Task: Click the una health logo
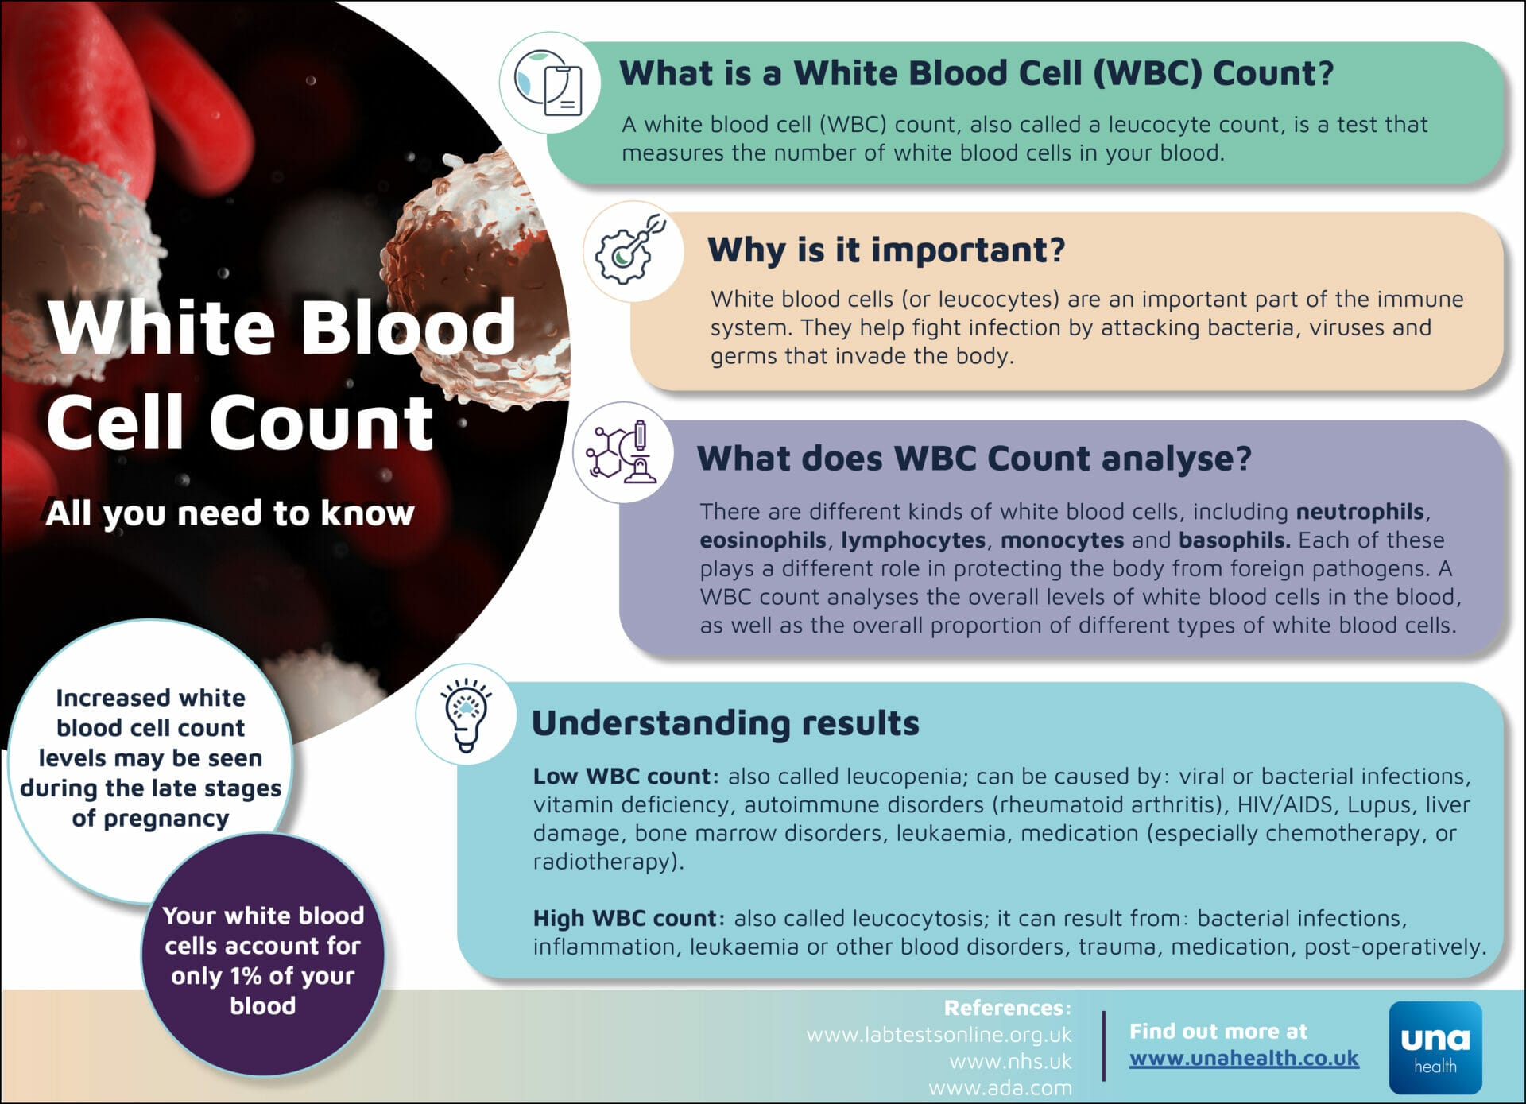point(1435,1047)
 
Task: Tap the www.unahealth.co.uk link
point(1244,1059)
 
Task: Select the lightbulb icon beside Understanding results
point(467,714)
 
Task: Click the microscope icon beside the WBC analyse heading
point(623,453)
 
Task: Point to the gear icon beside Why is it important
point(632,250)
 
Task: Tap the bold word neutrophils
point(1360,511)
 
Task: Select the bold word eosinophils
point(762,540)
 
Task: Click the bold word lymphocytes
point(913,540)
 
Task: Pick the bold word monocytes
point(1062,540)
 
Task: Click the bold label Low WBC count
point(626,776)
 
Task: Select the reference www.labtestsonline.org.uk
point(939,1035)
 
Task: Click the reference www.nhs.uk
point(1010,1061)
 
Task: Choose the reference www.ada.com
point(1000,1087)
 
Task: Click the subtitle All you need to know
point(230,513)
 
